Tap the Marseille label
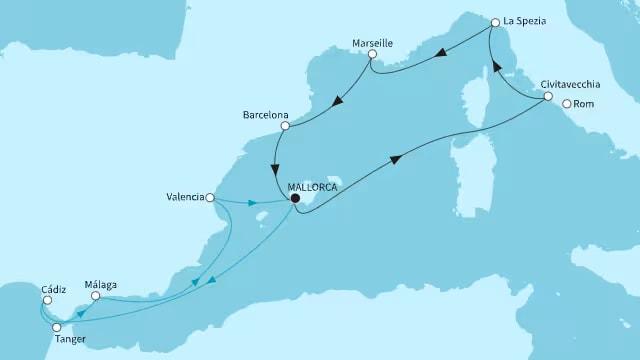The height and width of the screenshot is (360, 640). [x=372, y=44]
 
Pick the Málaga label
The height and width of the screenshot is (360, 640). [x=102, y=284]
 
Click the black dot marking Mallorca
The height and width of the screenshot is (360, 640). [x=294, y=198]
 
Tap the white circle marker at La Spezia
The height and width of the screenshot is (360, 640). [x=494, y=22]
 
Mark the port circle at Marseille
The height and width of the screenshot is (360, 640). [x=372, y=57]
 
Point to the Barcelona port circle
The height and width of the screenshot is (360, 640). [x=285, y=126]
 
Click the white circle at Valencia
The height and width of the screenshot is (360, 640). [x=210, y=198]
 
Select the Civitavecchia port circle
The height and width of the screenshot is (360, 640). [x=548, y=96]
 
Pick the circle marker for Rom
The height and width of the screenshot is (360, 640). [x=567, y=103]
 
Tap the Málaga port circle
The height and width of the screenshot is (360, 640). [x=95, y=296]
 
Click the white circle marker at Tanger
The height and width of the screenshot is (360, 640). [x=57, y=327]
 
